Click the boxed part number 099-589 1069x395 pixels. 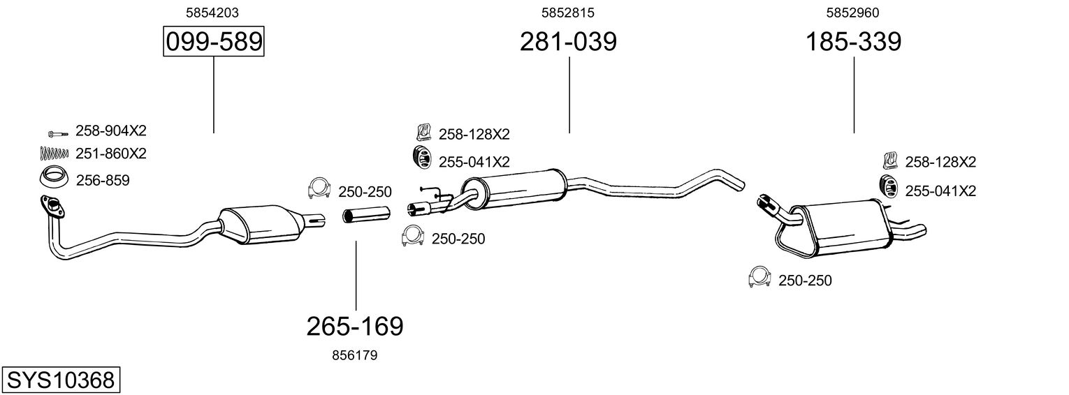213,42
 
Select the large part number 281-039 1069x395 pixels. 568,42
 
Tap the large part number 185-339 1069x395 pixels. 854,42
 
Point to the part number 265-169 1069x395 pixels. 355,326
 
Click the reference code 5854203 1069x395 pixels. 208,12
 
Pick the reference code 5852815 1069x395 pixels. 568,12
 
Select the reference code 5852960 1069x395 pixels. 852,12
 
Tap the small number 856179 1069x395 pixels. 355,355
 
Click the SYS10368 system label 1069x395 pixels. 60,380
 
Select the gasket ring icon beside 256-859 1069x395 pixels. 52,179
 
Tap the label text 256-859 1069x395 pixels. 102,181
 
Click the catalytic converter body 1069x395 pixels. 260,225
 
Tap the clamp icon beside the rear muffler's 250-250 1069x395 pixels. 758,277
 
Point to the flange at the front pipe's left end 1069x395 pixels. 49,204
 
